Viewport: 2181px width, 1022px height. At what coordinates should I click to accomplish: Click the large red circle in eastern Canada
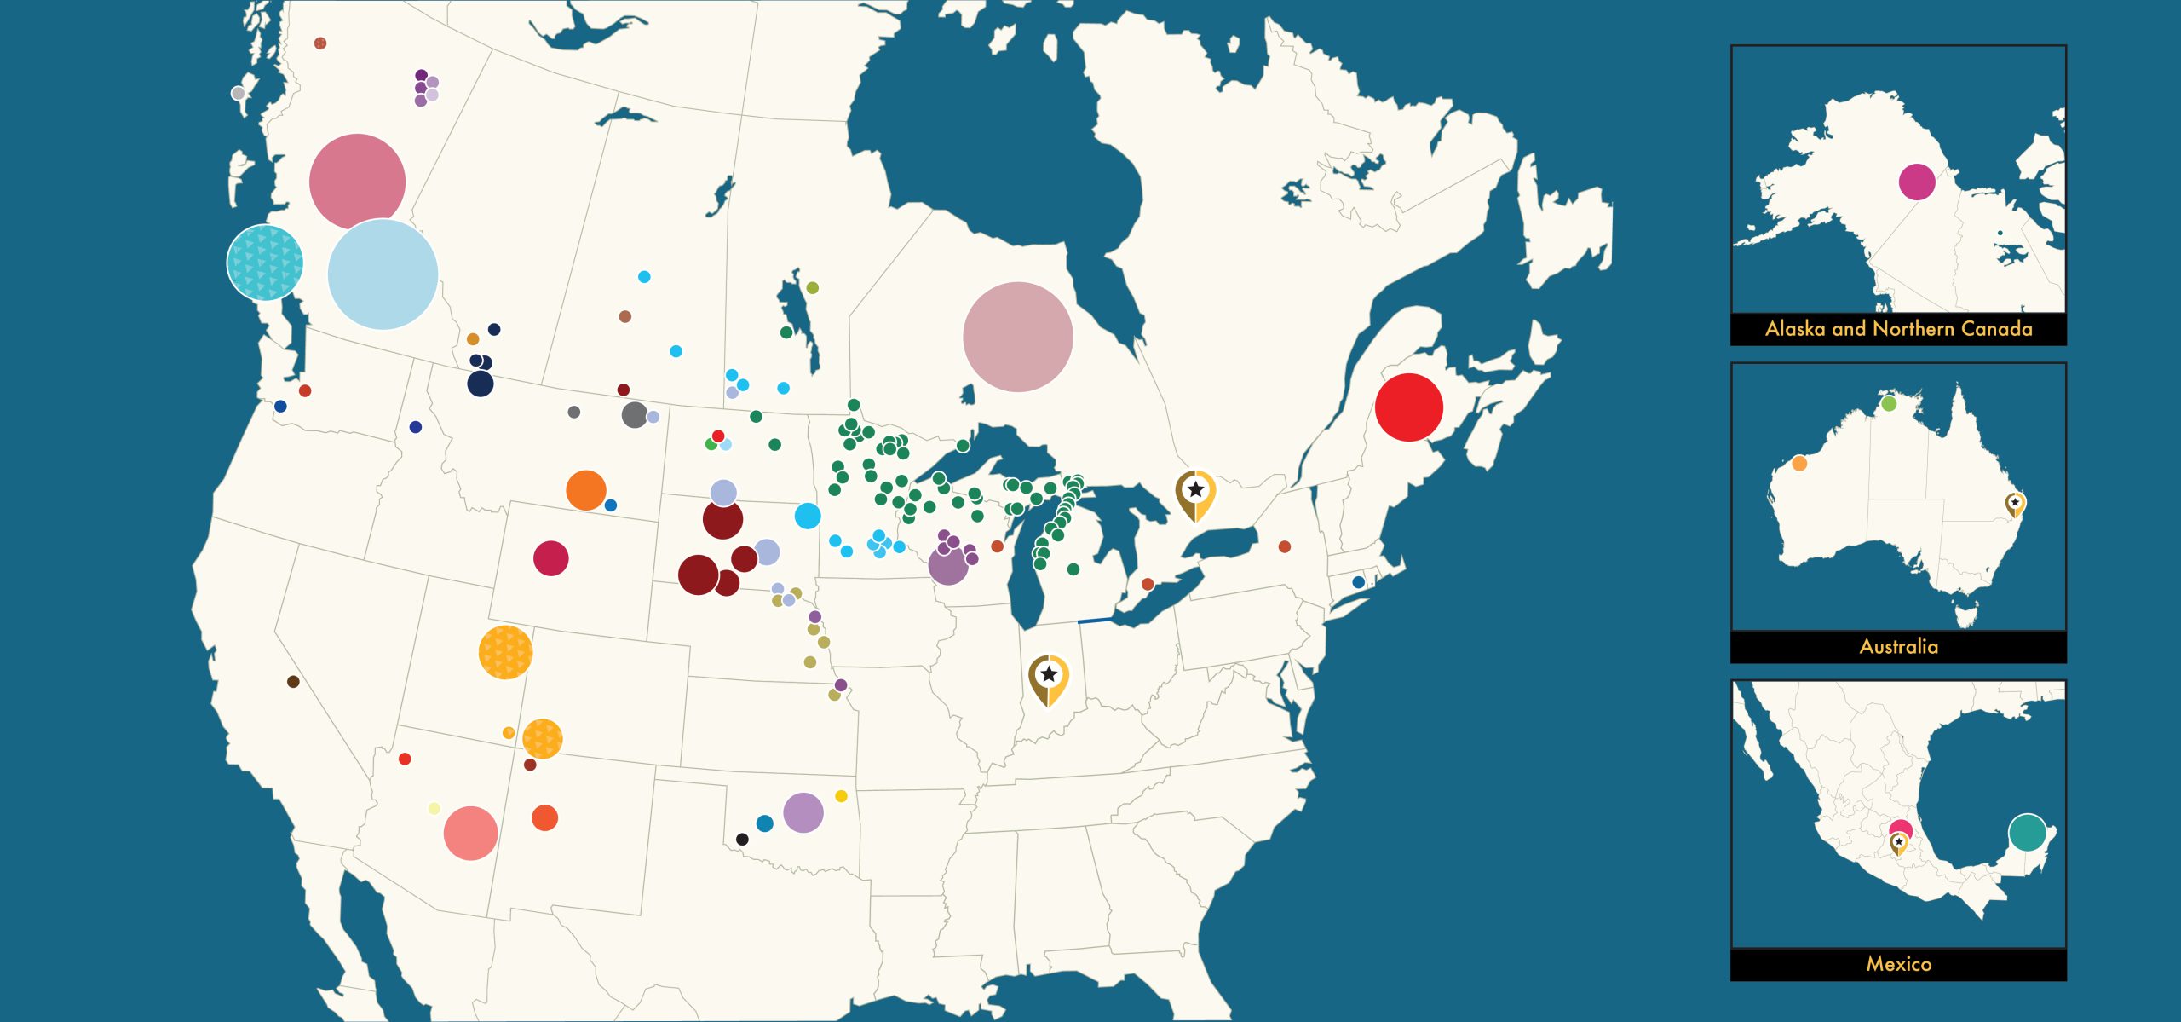click(1408, 407)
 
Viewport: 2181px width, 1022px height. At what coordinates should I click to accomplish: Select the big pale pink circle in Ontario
click(1017, 337)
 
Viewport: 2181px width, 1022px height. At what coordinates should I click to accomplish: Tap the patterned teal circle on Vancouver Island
click(265, 263)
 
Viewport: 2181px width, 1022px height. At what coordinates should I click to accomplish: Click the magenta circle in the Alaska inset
click(1916, 182)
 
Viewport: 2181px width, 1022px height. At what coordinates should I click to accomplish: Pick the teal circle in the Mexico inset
click(2027, 832)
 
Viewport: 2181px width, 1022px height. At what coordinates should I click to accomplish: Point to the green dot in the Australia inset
click(1889, 403)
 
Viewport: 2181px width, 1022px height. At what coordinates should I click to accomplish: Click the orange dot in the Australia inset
click(1799, 464)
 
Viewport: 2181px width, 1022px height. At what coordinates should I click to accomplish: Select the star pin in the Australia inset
click(2015, 504)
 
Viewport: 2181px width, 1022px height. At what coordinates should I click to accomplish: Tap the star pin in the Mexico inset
click(1898, 842)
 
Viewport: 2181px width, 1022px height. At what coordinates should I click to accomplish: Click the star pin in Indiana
click(1049, 678)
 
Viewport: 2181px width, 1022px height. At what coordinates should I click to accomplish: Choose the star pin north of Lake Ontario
click(1195, 492)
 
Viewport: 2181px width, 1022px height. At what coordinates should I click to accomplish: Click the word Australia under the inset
click(1898, 646)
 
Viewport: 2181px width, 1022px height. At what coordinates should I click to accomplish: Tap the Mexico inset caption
click(1898, 964)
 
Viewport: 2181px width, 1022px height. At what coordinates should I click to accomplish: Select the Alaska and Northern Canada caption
click(1898, 329)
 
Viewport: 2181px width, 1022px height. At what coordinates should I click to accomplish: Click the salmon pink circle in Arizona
click(470, 833)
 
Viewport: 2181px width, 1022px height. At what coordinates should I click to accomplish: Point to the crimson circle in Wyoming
click(550, 558)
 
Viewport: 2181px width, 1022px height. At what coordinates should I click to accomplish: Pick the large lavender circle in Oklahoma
click(803, 812)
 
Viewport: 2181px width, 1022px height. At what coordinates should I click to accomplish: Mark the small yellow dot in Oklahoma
click(841, 796)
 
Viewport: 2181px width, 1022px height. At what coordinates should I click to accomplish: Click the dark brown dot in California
click(293, 682)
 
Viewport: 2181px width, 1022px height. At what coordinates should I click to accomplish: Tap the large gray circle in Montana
click(634, 415)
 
